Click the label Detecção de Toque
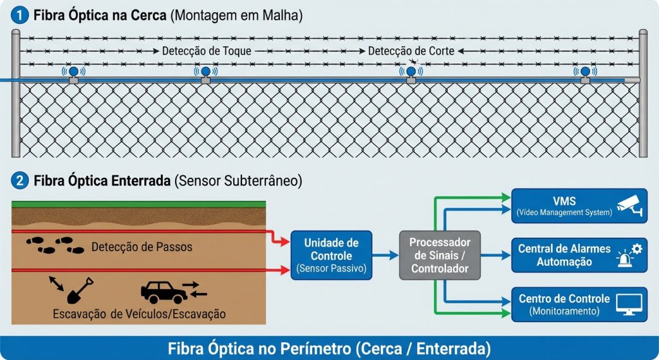tap(206, 50)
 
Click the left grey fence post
tap(15, 93)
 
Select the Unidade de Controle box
tap(331, 255)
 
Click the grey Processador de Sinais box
tap(440, 255)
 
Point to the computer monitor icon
tap(629, 304)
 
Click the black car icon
tap(163, 292)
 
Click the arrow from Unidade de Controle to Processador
tap(385, 255)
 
